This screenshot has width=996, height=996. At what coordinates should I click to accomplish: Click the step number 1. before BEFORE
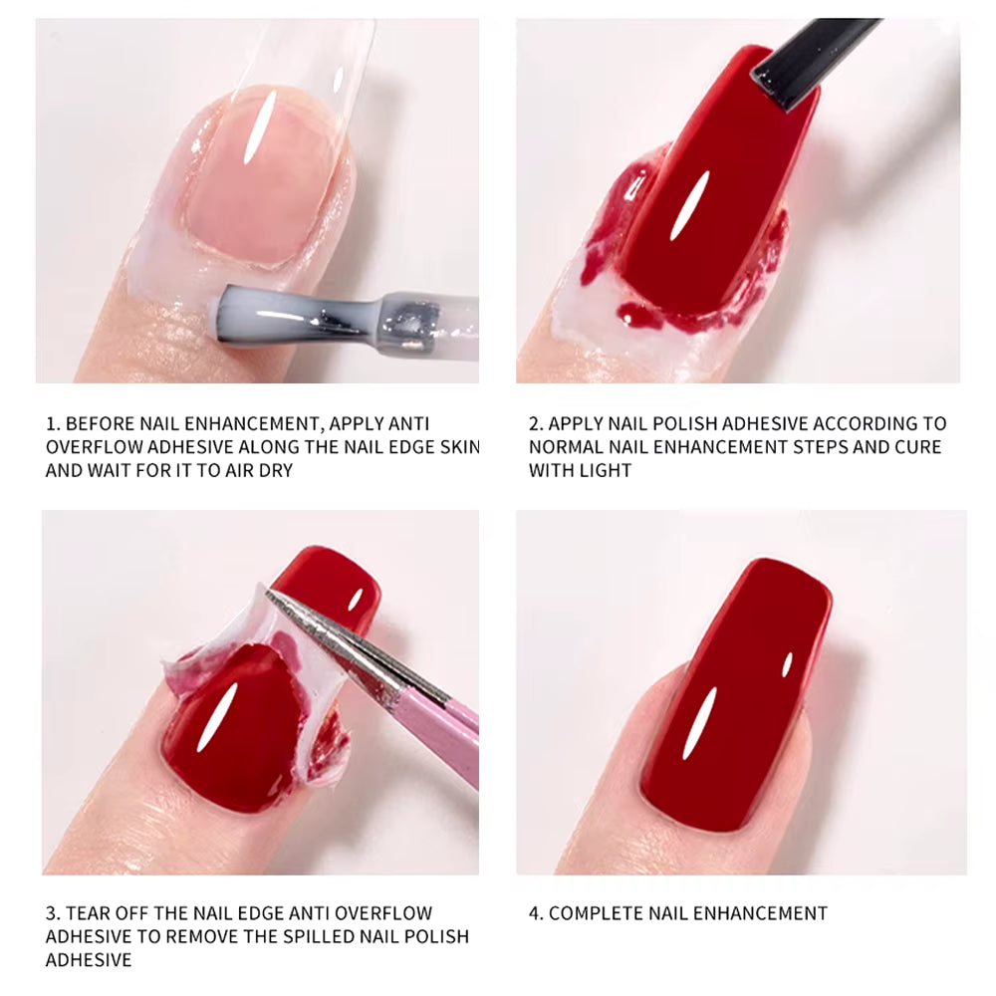(x=53, y=424)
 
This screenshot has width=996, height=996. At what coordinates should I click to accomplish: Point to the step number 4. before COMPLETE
(x=536, y=913)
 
